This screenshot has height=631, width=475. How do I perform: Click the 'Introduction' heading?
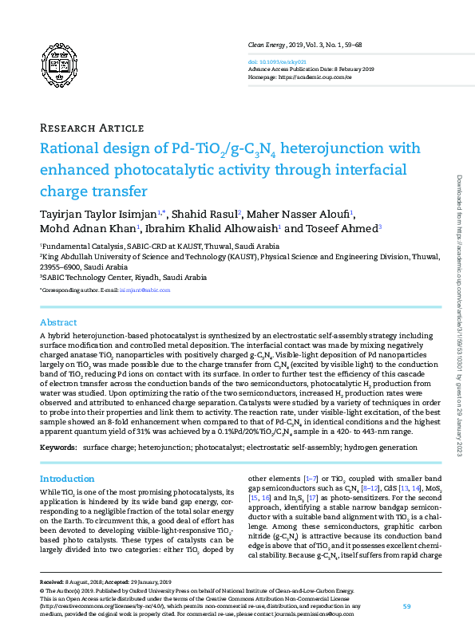[67, 479]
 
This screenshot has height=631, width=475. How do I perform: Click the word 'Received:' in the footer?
[54, 583]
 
